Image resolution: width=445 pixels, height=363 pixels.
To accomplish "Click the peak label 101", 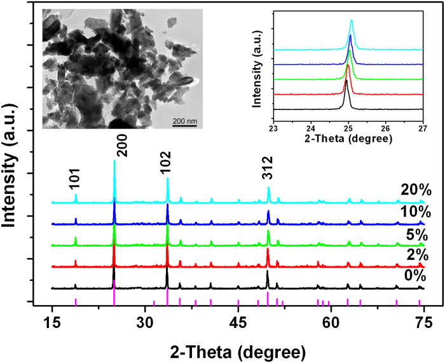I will tap(75, 183).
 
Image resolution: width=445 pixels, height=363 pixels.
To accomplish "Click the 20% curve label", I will tap(416, 189).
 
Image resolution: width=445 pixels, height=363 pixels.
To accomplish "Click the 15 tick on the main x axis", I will tap(52, 322).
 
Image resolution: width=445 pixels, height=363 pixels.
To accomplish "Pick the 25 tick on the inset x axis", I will tap(348, 127).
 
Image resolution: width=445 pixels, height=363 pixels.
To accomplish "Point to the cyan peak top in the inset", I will tap(352, 20).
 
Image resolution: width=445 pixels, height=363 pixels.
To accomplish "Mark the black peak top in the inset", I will tap(346, 81).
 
